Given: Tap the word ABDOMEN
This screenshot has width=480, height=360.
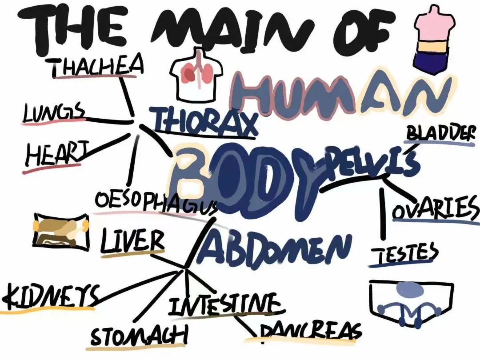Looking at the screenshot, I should pyautogui.click(x=276, y=246).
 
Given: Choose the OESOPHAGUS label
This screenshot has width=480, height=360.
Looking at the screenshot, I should pyautogui.click(x=156, y=202).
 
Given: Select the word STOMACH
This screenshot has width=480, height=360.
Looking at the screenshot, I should pyautogui.click(x=139, y=336).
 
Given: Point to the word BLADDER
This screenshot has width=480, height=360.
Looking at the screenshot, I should pyautogui.click(x=440, y=133).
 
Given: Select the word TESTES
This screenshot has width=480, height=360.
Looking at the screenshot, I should pyautogui.click(x=404, y=254).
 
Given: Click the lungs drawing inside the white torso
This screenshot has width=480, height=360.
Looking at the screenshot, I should pyautogui.click(x=198, y=73).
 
